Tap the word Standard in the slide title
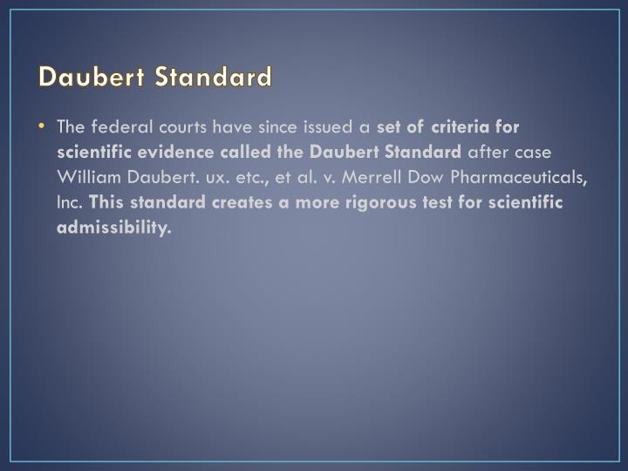pyautogui.click(x=214, y=77)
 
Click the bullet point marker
pyautogui.click(x=43, y=126)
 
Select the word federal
pyautogui.click(x=118, y=127)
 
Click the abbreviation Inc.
pyautogui.click(x=70, y=203)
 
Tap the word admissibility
pyautogui.click(x=113, y=229)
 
